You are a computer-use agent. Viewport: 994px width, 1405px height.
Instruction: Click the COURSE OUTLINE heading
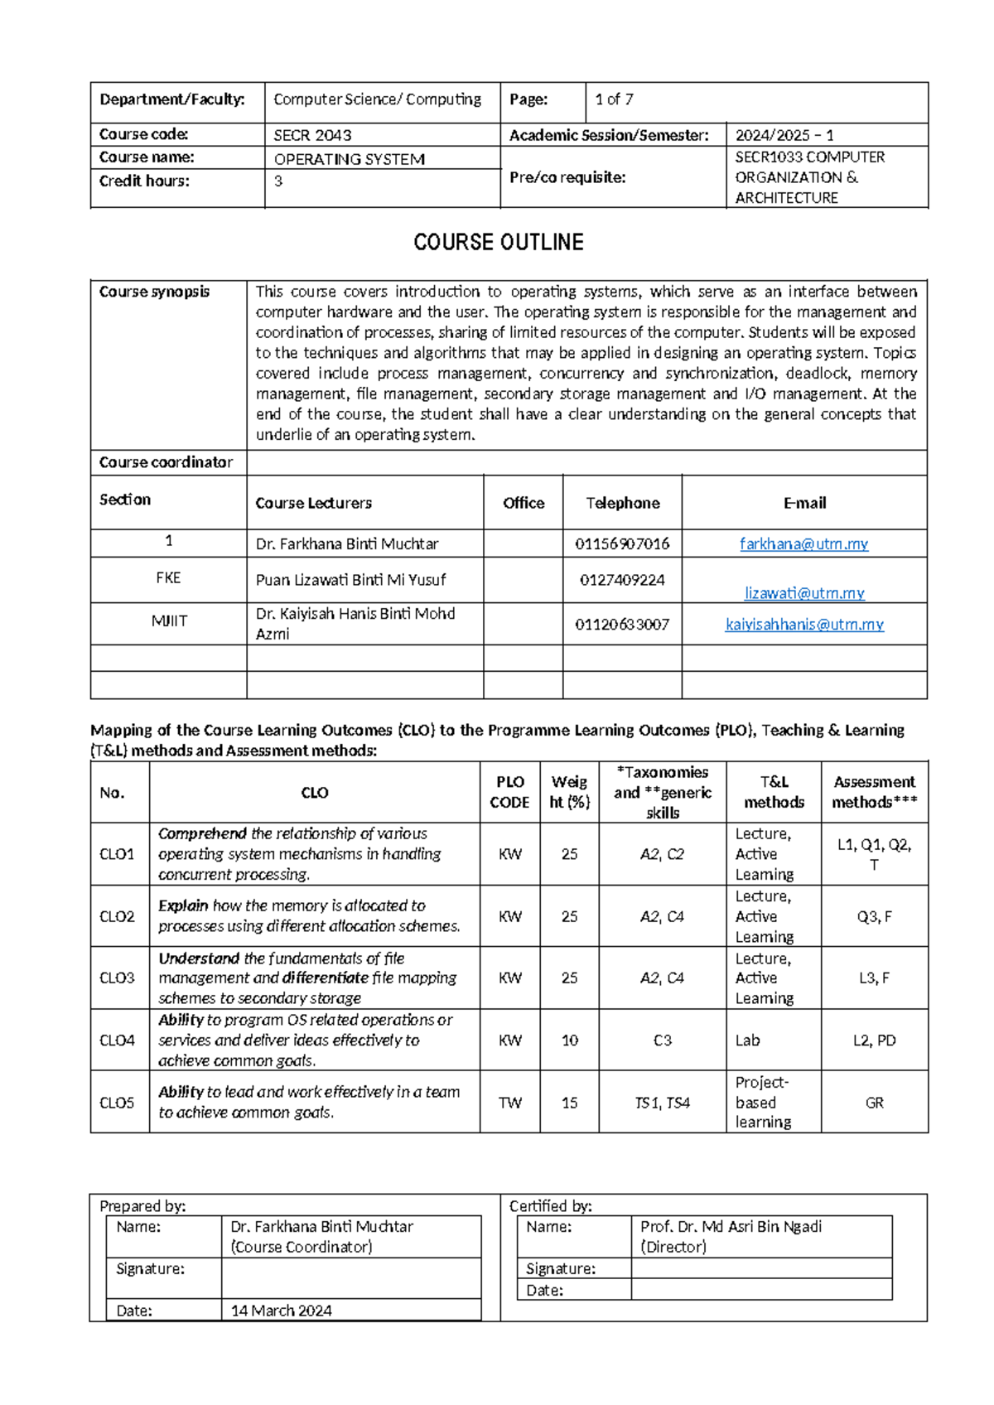[498, 242]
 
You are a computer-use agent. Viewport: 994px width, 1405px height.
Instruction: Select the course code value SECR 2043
[312, 135]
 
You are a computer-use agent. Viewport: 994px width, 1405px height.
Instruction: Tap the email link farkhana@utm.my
[803, 543]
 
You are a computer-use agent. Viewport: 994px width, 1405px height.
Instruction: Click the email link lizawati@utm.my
[803, 592]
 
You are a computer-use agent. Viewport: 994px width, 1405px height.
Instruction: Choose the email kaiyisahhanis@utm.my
[803, 624]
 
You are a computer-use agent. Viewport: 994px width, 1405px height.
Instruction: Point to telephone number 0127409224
[621, 580]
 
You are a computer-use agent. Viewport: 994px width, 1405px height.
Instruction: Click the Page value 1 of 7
[614, 99]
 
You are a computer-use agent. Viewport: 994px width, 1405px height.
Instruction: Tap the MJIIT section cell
[168, 620]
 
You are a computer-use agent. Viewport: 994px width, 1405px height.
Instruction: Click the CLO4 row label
[117, 1040]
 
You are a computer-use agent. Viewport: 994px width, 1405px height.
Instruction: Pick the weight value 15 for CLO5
[569, 1103]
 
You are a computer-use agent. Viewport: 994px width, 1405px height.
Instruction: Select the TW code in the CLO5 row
[509, 1103]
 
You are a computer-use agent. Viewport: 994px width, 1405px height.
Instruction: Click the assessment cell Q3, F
[874, 916]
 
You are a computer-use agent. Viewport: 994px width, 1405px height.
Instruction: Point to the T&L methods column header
[774, 792]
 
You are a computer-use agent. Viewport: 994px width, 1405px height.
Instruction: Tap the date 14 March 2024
[281, 1311]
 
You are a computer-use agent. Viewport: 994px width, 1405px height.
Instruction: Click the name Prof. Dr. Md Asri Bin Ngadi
[731, 1226]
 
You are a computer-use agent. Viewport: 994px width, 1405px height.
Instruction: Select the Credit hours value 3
[278, 181]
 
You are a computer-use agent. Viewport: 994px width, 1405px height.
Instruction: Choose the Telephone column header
[622, 503]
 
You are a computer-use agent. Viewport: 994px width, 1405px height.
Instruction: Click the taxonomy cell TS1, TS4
[662, 1103]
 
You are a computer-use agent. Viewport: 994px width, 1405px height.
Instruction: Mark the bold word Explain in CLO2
[183, 905]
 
